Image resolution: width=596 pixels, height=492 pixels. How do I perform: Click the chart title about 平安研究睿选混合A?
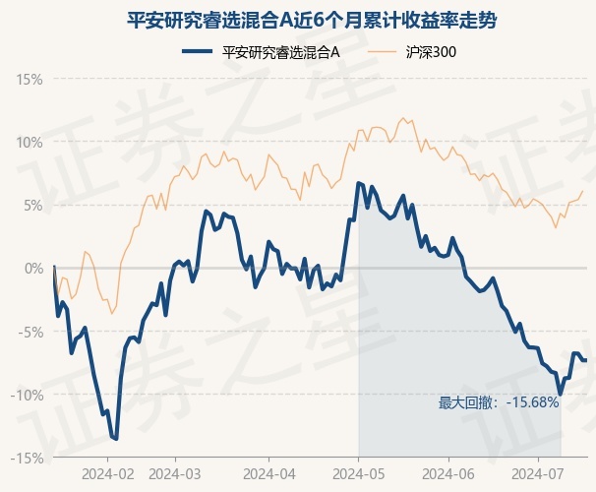point(312,21)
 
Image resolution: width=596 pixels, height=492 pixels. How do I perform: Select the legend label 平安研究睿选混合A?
point(281,52)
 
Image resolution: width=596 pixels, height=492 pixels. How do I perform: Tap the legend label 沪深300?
point(431,52)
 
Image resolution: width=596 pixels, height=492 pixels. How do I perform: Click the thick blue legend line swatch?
point(197,52)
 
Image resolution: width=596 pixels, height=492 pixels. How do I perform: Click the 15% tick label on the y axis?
point(30,80)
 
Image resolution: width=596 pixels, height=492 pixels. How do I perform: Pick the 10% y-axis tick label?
point(30,143)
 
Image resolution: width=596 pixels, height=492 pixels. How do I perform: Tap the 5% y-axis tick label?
point(33,206)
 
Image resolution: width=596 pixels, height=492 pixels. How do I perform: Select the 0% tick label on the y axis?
point(33,269)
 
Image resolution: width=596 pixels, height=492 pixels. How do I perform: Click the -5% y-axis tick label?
point(30,332)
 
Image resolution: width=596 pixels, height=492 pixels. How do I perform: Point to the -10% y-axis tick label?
point(27,395)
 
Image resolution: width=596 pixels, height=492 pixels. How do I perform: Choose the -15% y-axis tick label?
point(27,459)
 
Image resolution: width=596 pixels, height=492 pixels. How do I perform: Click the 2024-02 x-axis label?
point(108,474)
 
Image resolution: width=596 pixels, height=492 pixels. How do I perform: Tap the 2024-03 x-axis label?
point(175,474)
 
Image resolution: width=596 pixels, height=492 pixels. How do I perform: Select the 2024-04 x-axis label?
point(269,474)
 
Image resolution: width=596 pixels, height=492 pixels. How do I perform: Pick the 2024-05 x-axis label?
point(359,474)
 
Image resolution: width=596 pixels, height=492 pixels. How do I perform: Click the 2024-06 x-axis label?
point(448,474)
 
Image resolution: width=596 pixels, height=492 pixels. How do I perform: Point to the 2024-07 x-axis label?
point(538,474)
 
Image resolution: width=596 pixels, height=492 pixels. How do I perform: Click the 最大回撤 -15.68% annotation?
point(499,402)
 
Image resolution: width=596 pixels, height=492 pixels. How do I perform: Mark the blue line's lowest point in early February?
point(116,439)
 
